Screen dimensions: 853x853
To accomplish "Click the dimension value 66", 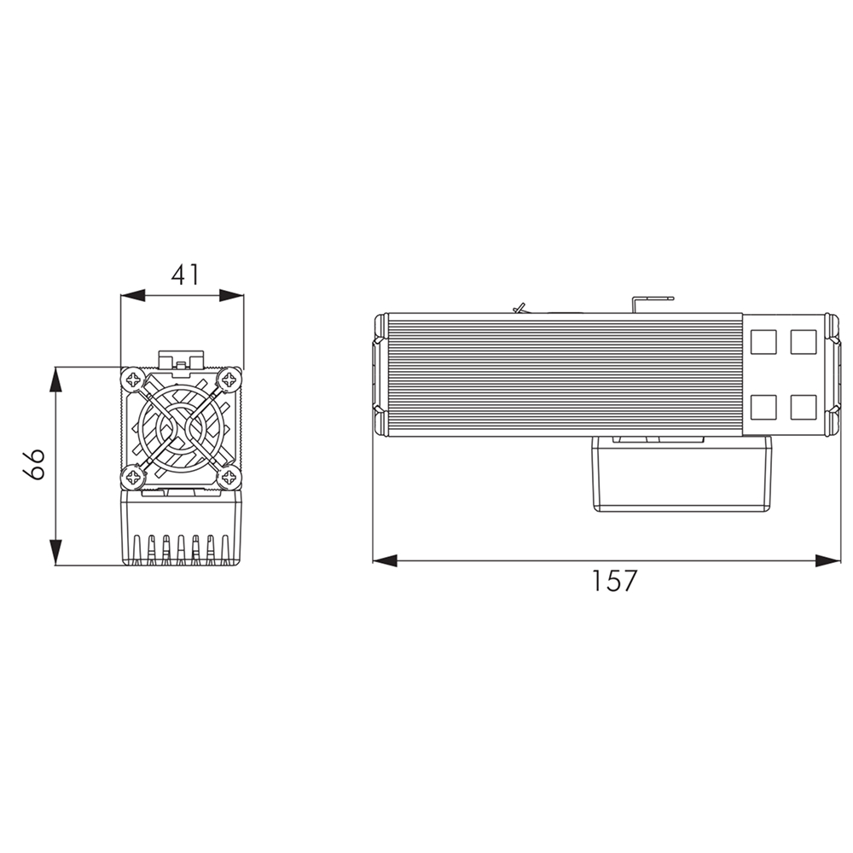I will (x=34, y=465).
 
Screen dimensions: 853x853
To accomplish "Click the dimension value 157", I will (x=613, y=580).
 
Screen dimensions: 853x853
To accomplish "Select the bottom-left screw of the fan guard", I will (x=134, y=478).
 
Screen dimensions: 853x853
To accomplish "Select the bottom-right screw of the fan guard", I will (x=229, y=478).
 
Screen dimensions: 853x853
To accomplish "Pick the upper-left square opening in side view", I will (x=763, y=342).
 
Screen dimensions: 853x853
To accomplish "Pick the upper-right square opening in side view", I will (x=804, y=342).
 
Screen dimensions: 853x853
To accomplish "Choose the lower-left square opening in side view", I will (x=763, y=407).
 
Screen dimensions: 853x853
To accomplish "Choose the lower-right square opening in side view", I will (x=804, y=407).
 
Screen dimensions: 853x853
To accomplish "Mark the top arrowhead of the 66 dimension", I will (x=55, y=380).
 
